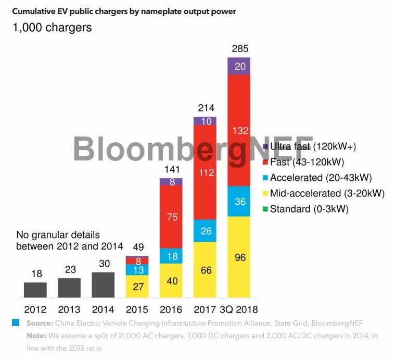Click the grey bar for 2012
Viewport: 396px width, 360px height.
click(35, 290)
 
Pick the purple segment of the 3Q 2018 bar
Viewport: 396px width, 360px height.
click(239, 66)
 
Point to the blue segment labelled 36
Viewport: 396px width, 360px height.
click(239, 201)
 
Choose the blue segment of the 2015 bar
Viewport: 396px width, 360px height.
click(137, 269)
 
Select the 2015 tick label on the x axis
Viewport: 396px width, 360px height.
click(137, 309)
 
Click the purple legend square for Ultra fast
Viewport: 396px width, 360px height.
click(266, 147)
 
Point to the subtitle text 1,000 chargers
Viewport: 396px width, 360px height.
click(52, 28)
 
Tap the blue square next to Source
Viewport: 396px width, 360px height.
click(16, 323)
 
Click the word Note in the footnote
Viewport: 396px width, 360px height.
click(36, 336)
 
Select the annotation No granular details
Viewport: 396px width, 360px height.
click(58, 235)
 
